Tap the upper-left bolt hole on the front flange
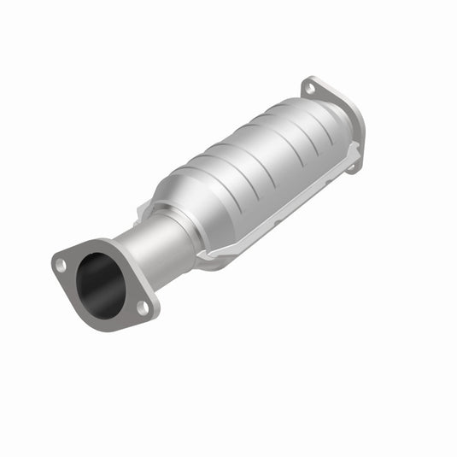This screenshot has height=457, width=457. coord(61,265)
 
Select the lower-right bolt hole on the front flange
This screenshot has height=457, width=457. coord(144,306)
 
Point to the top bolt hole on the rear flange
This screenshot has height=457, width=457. coord(309,89)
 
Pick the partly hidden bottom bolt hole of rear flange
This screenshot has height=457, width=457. coord(351,167)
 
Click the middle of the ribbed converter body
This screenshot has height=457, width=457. coord(256,162)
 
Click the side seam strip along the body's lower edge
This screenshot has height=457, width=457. coord(273,214)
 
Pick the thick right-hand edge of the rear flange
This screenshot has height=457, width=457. coord(359,128)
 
